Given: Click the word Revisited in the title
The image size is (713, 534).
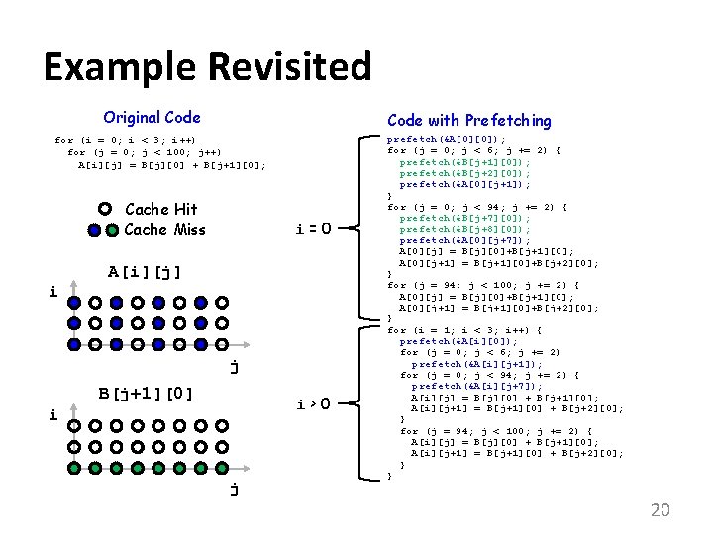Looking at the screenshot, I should (289, 67).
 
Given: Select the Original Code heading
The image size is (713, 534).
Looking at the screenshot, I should (152, 117).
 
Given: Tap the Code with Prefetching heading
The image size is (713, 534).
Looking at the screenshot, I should (468, 120).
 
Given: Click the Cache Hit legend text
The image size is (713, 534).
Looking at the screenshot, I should (161, 209).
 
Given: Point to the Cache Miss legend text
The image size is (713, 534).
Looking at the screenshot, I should (164, 230).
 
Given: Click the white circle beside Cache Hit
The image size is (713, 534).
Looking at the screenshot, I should (105, 209).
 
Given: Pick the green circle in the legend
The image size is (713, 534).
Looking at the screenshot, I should (94, 231).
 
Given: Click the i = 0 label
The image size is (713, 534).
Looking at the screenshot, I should (313, 229).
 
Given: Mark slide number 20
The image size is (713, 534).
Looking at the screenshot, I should (660, 510).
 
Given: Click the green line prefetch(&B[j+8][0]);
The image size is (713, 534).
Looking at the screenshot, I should (464, 228).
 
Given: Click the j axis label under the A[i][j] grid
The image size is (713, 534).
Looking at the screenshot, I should (234, 367).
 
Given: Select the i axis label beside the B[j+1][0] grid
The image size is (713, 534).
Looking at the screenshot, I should (54, 416).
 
